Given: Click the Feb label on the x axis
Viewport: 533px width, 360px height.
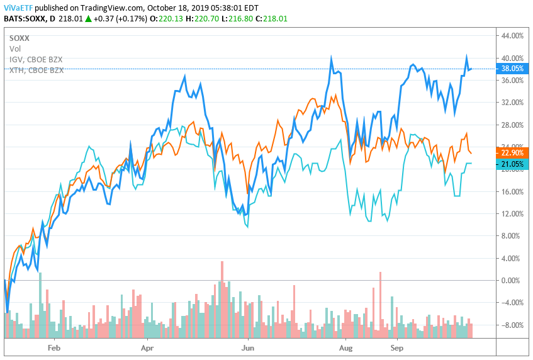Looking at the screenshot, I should click(x=53, y=347).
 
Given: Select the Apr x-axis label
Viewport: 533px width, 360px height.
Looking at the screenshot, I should click(x=147, y=347).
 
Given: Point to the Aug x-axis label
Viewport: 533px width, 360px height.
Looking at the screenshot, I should click(x=346, y=347).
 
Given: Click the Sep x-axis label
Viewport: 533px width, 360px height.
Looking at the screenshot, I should click(x=397, y=347).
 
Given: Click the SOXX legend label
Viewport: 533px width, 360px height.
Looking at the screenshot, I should click(x=20, y=38).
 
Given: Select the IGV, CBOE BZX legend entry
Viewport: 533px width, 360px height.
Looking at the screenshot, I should click(x=36, y=59).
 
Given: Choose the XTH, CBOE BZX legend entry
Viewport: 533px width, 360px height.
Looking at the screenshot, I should click(x=36, y=70).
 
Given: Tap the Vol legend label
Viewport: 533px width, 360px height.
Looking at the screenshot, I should click(x=14, y=48).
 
